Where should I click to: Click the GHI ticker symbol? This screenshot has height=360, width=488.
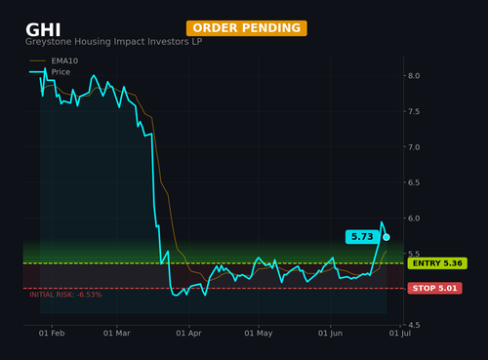tap(43, 30)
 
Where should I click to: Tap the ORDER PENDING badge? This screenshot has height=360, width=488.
tap(247, 28)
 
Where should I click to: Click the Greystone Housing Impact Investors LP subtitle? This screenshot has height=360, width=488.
tap(114, 42)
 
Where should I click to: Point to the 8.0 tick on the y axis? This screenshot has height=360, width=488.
tap(414, 76)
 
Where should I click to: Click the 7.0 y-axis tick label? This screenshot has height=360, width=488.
tap(414, 147)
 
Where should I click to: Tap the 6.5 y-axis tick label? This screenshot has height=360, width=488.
tap(414, 182)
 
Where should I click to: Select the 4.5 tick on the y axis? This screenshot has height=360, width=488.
tap(414, 325)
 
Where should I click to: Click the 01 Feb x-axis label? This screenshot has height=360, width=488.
tap(52, 334)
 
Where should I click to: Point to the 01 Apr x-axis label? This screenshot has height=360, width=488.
tap(188, 334)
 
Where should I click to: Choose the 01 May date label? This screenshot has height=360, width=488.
tap(259, 334)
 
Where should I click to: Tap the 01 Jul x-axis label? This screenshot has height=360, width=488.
tap(400, 334)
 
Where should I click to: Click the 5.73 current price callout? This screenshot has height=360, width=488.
tap(362, 236)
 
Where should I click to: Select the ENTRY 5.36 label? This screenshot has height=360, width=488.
tap(437, 263)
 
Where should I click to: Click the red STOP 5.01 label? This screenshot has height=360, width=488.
tap(435, 288)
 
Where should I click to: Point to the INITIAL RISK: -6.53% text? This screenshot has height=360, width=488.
tap(65, 295)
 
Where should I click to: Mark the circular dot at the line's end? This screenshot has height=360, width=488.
tap(386, 237)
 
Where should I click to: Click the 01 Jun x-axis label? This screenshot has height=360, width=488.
tap(330, 334)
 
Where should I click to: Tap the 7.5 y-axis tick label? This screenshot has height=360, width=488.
tap(414, 111)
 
